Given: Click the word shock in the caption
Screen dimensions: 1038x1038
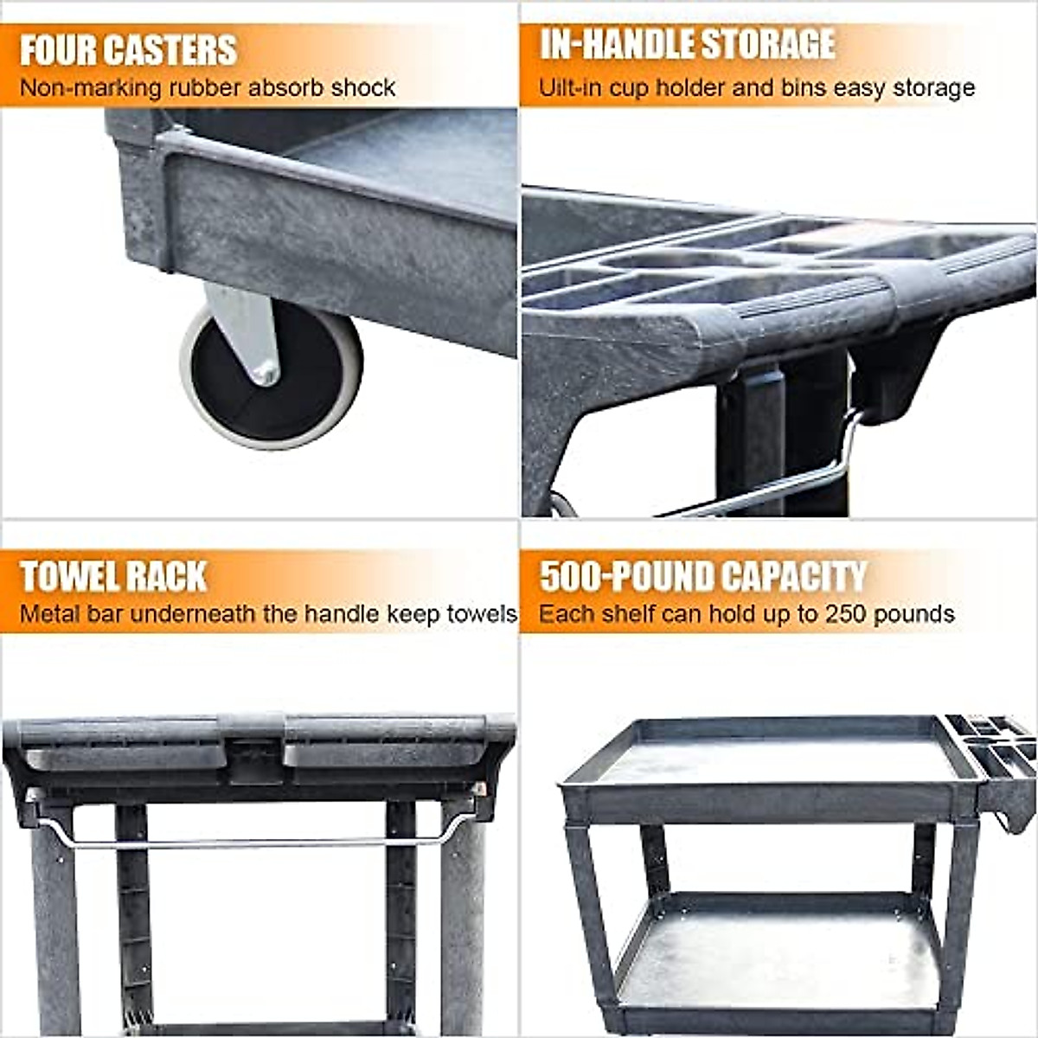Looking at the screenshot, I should (366, 88).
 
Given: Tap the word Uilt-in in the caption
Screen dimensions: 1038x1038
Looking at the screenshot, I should (567, 88).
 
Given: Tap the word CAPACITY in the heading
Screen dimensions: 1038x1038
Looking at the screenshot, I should (793, 577).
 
